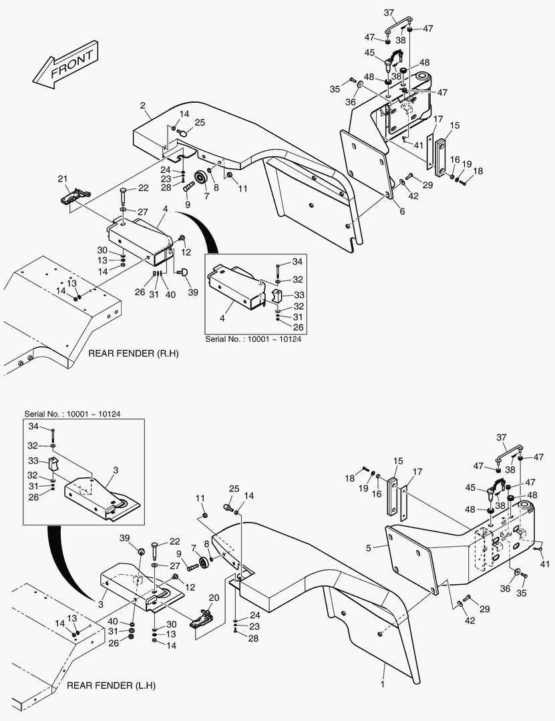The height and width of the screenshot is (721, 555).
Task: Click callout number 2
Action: (x=143, y=105)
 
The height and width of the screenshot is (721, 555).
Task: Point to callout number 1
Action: (x=382, y=684)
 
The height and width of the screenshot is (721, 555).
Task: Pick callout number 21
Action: (x=63, y=179)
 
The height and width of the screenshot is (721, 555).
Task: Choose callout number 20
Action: (x=214, y=597)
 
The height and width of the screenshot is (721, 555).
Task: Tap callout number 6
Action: (x=402, y=211)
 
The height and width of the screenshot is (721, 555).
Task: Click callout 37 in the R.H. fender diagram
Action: (x=389, y=13)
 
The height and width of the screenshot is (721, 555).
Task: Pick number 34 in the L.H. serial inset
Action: (x=33, y=426)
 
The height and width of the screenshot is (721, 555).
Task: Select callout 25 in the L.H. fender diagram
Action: (x=234, y=489)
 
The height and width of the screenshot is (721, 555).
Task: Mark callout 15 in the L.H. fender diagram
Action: (x=398, y=461)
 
